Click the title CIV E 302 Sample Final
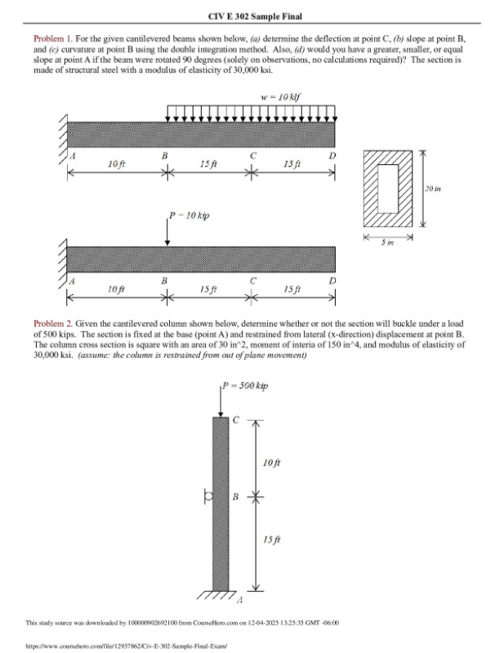tap(252, 16)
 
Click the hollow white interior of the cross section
tap(387, 187)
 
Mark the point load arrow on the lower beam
tap(167, 232)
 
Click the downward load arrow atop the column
tap(221, 401)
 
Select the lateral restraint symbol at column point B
tap(208, 495)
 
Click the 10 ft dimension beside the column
tap(274, 463)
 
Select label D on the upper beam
tap(331, 154)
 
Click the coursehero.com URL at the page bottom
tap(126, 645)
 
